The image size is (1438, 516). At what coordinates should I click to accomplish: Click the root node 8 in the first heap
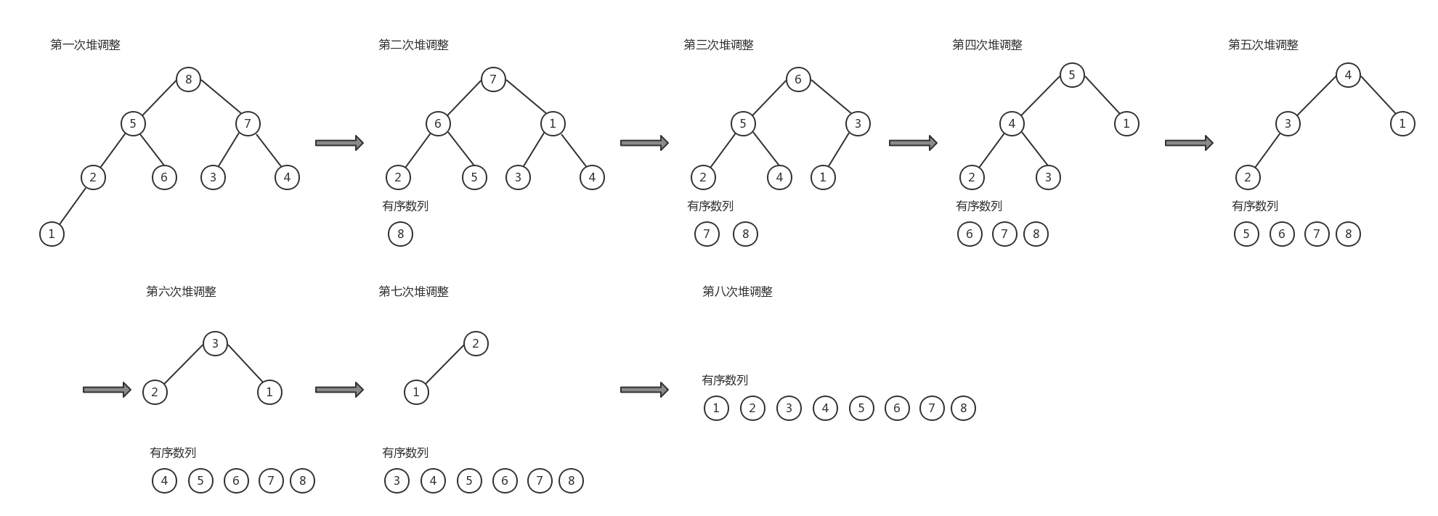pos(188,79)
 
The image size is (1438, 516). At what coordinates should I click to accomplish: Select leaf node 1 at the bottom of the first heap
pos(52,234)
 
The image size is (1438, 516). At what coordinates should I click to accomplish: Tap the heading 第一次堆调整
pos(85,45)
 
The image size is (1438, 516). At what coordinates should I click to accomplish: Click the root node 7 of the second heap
pos(493,79)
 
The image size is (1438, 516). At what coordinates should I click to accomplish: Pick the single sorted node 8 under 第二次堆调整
pos(400,234)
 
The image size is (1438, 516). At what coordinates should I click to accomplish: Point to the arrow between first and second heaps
pos(339,143)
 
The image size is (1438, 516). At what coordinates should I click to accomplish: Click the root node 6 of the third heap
pos(798,79)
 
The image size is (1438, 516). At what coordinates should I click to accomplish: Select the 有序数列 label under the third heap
pos(710,206)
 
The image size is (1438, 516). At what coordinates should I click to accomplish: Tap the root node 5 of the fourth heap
pos(1072,75)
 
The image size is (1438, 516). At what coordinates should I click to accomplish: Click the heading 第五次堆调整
pos(1263,45)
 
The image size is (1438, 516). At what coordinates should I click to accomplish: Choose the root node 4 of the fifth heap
pos(1348,75)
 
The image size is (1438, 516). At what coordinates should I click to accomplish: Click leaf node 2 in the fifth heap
pos(1248,177)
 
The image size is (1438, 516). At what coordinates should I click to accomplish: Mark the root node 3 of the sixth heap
pos(215,343)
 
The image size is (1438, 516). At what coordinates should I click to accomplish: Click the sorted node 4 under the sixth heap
pos(164,480)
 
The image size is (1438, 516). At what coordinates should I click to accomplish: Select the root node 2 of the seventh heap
pos(476,343)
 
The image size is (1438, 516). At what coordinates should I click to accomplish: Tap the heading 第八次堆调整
pos(737,292)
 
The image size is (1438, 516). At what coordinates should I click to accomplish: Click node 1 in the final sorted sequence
pos(716,408)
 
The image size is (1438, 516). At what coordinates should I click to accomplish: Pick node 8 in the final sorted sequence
pos(963,408)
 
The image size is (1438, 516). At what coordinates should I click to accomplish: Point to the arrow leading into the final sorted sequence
pos(644,390)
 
